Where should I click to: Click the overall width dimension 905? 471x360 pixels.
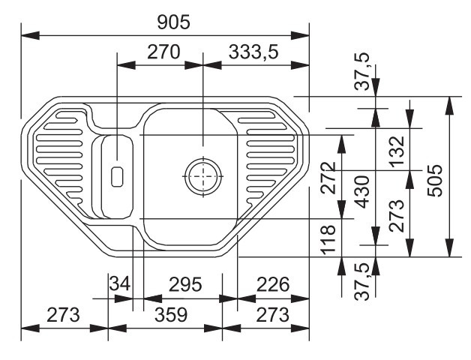(x=173, y=22)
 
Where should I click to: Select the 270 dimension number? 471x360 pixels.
(x=163, y=52)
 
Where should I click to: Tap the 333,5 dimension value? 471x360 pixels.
(x=253, y=52)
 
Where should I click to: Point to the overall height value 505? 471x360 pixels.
(x=435, y=180)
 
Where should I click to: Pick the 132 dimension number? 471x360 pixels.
(x=397, y=151)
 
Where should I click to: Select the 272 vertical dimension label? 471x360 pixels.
(x=328, y=178)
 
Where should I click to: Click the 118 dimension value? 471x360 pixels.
(x=328, y=239)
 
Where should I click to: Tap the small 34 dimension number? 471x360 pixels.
(x=120, y=283)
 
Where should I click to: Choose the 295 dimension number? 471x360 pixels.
(x=185, y=284)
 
